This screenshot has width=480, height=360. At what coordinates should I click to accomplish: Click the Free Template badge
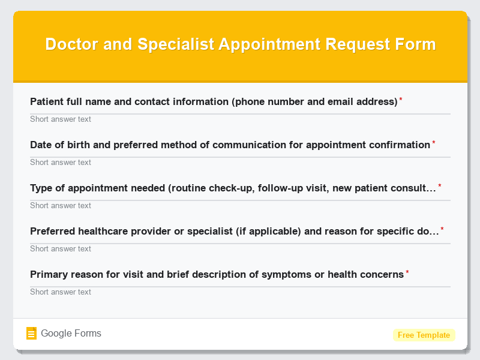[424, 335]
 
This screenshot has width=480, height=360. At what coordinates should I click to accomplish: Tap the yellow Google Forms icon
[32, 334]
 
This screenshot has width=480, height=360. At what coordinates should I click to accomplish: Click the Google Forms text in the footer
[71, 334]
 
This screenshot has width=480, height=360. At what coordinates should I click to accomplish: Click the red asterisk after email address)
[401, 100]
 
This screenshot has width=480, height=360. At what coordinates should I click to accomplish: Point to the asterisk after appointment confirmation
[434, 143]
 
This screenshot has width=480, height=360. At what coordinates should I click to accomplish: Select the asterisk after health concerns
[407, 272]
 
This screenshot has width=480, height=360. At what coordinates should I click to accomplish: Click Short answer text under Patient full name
[61, 119]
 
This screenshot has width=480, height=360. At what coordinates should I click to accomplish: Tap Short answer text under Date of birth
[61, 163]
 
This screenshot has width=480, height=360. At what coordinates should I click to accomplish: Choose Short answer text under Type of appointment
[61, 206]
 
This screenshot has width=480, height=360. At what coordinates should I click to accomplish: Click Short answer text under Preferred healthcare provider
[61, 249]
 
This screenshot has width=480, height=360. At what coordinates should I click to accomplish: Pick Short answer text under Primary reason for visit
[61, 292]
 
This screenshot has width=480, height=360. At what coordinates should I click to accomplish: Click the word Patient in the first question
[47, 102]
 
